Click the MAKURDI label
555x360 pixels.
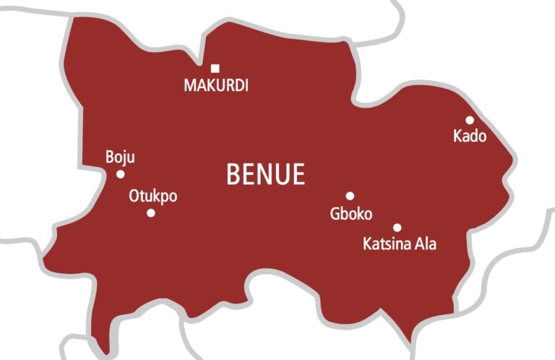[x=215, y=85]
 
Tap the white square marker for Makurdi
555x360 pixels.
[x=215, y=69]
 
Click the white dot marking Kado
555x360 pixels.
[x=470, y=120]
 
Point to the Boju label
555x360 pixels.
[x=120, y=158]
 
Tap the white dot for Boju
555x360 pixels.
[x=120, y=174]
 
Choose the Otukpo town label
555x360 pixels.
[x=152, y=196]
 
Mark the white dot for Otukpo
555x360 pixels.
[x=150, y=213]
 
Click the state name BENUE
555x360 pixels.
[x=265, y=174]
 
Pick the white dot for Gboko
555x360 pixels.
[x=350, y=196]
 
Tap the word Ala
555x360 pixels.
[x=425, y=244]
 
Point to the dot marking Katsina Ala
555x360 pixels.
[x=397, y=227]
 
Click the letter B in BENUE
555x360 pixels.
[x=233, y=174]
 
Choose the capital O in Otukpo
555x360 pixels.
[x=134, y=196]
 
